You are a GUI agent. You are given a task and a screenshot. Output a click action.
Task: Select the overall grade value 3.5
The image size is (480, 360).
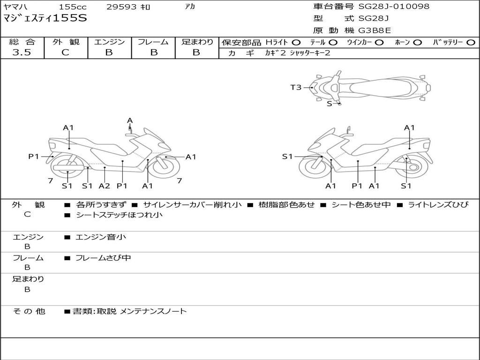point(22,52)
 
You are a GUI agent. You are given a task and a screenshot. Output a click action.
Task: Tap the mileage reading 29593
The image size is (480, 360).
point(121,7)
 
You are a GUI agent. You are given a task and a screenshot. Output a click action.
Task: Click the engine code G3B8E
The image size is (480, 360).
point(375,30)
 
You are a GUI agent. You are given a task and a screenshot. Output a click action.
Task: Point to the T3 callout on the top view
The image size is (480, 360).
point(296,87)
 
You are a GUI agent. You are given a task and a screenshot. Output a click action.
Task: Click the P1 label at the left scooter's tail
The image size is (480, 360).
point(33,157)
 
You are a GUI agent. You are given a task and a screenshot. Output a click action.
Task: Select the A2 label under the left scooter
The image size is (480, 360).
point(104,186)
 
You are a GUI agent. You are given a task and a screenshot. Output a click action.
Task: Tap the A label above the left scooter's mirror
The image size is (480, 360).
point(130,120)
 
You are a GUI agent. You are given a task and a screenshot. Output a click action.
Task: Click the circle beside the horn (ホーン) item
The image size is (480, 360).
point(418,42)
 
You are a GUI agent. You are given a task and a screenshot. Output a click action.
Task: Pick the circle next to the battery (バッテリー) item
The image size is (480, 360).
point(471,42)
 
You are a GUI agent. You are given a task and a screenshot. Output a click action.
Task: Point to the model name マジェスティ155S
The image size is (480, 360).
point(45,18)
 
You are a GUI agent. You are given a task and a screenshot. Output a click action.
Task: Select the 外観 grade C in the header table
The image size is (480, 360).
point(66,52)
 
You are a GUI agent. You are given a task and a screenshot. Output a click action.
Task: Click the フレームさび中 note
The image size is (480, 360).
point(103,258)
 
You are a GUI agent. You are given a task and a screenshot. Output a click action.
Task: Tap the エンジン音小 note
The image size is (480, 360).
point(101,237)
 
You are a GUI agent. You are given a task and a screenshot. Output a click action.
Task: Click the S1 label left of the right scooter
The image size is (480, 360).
point(287,157)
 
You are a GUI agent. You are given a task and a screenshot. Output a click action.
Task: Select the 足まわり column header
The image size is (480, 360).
point(197,42)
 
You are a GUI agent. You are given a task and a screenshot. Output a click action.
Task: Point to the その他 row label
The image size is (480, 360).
point(29,311)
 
